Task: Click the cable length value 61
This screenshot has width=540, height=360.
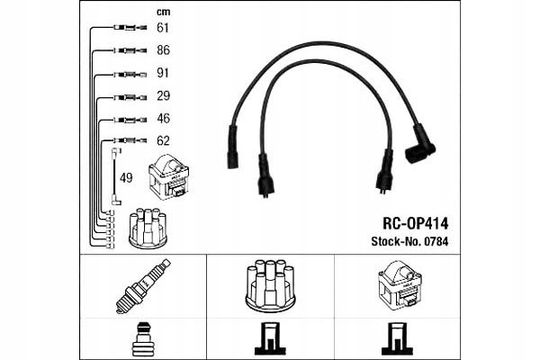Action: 163,28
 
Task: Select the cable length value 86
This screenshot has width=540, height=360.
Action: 163,51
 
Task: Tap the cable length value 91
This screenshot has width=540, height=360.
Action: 163,74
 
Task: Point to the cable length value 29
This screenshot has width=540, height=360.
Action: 163,96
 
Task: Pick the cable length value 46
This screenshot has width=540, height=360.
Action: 163,118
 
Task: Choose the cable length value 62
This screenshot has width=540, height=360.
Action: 163,140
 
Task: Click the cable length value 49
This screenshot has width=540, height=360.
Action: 126,177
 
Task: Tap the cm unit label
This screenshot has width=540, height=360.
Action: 163,12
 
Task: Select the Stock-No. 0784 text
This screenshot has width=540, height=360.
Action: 409,240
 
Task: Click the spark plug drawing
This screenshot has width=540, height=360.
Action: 142,285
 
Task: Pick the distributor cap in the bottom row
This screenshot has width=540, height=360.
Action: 269,285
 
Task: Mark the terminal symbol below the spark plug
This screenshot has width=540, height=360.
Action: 142,339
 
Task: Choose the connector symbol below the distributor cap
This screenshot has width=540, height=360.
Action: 269,338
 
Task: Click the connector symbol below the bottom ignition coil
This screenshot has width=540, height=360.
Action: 397,338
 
